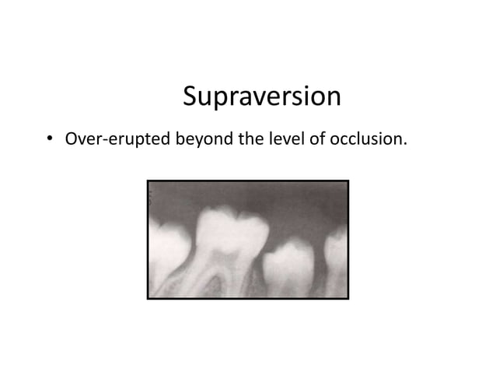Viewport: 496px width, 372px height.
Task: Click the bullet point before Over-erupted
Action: click(48, 141)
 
